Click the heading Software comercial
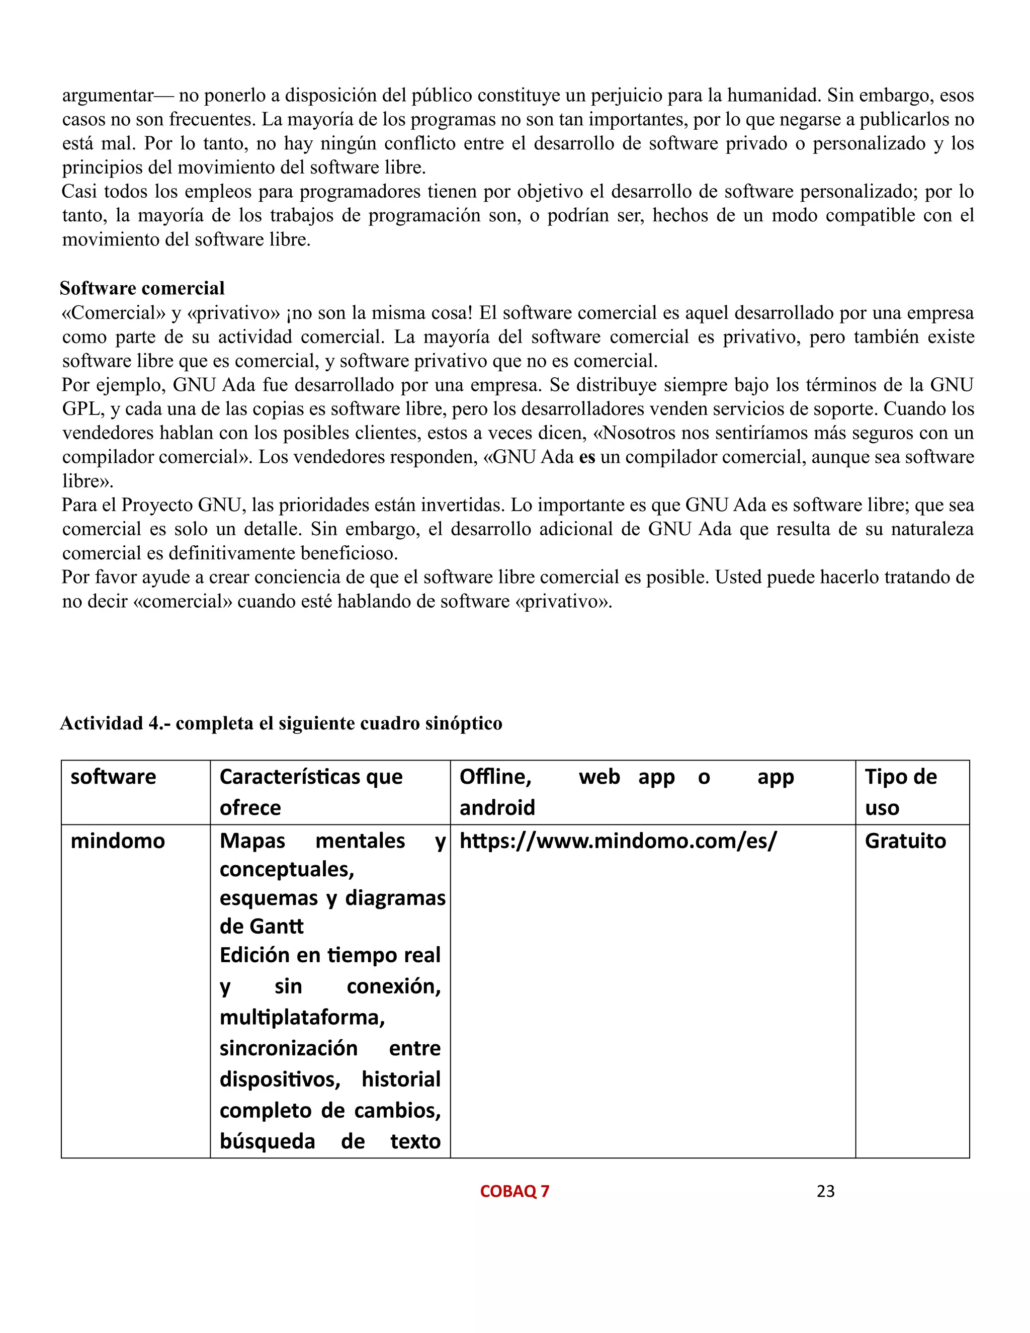click(142, 288)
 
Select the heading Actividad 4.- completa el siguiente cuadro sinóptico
click(281, 723)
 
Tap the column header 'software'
click(114, 777)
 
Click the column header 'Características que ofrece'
click(311, 792)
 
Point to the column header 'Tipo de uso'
click(901, 792)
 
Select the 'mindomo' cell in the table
click(118, 841)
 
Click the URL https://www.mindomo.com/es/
click(618, 841)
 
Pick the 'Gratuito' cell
click(905, 841)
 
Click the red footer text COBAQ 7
click(514, 1191)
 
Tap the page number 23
click(826, 1191)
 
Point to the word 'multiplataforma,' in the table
click(302, 1018)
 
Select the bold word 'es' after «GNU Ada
click(587, 457)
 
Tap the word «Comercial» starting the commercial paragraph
click(114, 313)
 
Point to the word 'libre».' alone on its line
click(88, 481)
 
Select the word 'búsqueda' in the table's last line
click(267, 1141)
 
